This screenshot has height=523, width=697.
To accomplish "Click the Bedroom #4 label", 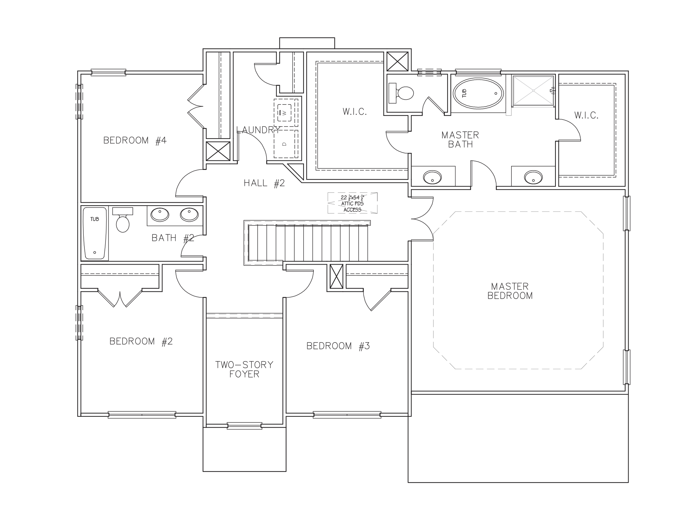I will (x=135, y=140).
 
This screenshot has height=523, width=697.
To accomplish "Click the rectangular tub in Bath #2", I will (x=95, y=233).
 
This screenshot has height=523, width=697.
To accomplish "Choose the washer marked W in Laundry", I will (x=285, y=113).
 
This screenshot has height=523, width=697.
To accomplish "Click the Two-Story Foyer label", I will (x=244, y=369).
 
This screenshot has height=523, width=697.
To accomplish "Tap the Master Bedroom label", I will (x=510, y=291).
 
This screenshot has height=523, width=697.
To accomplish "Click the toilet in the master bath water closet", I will (x=402, y=93).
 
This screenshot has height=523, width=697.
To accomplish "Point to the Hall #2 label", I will (x=264, y=183).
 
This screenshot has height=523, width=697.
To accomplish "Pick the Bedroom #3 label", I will (x=338, y=346).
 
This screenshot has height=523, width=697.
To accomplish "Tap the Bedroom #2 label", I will (x=141, y=341).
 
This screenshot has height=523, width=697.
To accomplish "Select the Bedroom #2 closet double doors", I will (x=120, y=299).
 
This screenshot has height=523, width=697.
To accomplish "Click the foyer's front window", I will (x=244, y=426).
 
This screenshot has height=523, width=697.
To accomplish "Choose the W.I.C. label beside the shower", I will (x=586, y=115).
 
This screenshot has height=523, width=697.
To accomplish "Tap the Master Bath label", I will (x=460, y=140).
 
